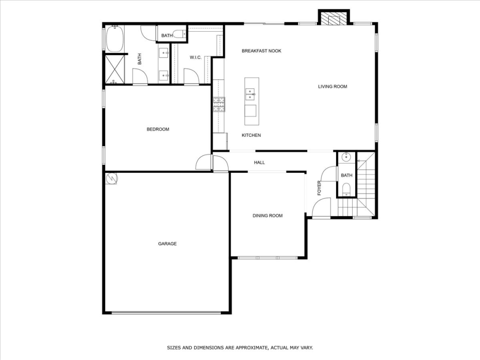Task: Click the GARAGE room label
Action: [168, 244]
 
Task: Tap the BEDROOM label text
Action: [158, 129]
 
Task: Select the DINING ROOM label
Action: [267, 216]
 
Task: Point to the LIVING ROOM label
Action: [332, 87]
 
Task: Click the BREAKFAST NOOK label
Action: [261, 51]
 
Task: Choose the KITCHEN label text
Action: [251, 135]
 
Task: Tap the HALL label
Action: [259, 163]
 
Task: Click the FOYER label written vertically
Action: [319, 188]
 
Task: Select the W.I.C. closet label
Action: [195, 58]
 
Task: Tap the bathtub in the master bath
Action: [115, 39]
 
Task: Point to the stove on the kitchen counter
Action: [219, 104]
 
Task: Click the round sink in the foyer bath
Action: [346, 157]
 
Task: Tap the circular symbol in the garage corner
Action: [111, 178]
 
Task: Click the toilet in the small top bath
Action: [180, 34]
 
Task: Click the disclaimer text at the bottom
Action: [240, 347]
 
